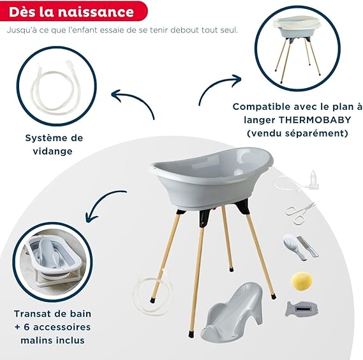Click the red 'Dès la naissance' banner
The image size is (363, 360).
(x=73, y=11)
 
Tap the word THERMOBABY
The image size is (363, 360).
(x=315, y=120)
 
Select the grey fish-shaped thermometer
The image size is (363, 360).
(x=301, y=309)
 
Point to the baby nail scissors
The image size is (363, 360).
(x=300, y=213)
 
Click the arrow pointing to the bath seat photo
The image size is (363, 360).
(x=102, y=202)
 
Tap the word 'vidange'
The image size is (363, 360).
(x=52, y=151)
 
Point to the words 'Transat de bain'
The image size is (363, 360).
(x=52, y=314)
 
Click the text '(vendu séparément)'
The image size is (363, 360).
(x=297, y=133)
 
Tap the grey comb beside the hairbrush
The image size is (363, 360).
(x=307, y=246)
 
